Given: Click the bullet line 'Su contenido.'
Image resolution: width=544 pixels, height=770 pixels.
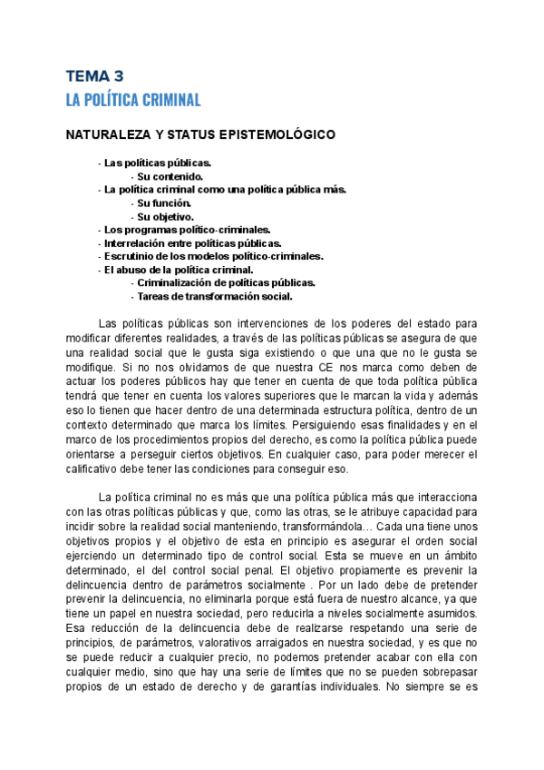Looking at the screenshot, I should [170, 176].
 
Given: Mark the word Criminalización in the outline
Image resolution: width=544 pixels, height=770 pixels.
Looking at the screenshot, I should [176, 282].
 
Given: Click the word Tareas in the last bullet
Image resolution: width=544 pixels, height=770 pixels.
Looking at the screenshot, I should [153, 296].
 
